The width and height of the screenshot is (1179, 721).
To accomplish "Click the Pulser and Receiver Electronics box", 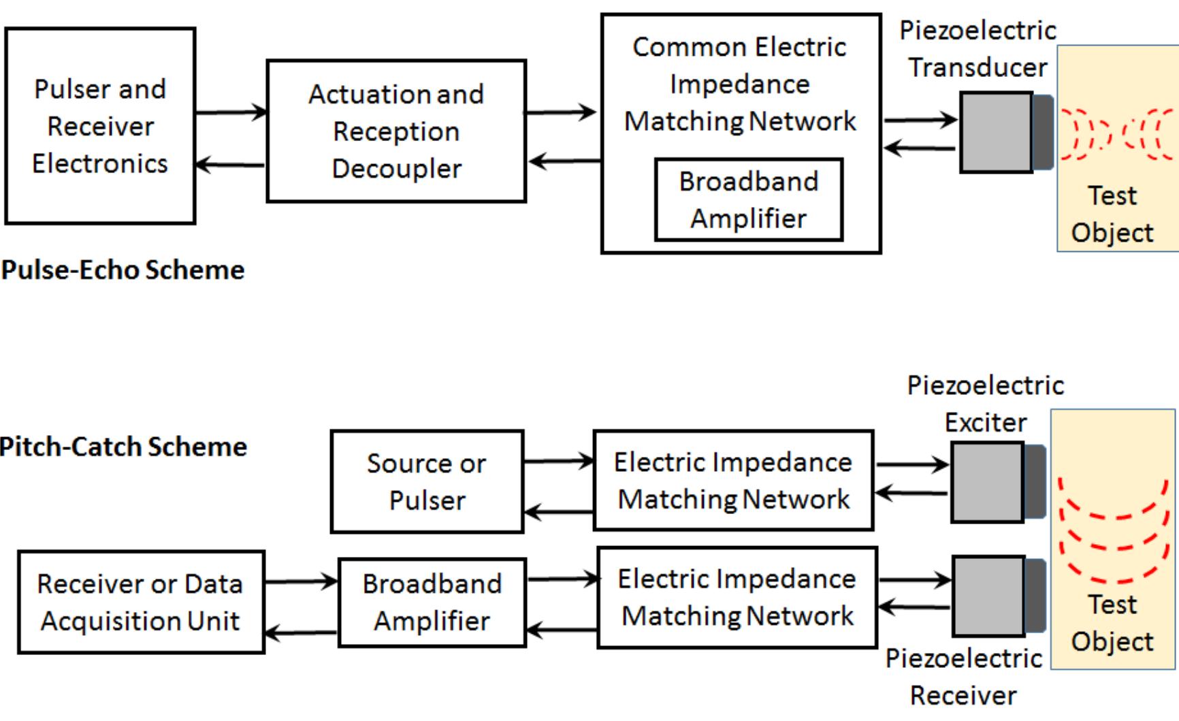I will point(100,126).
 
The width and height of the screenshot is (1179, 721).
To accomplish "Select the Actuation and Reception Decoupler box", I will point(396,131).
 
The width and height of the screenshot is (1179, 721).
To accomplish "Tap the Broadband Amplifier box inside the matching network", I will point(748,199).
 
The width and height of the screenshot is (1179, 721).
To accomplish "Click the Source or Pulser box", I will point(427,481).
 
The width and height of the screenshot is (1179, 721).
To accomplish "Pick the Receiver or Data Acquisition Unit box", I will point(140,602).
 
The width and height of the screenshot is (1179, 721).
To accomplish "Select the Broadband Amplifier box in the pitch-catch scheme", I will point(432,602).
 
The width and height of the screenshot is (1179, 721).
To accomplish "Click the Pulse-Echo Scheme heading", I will point(123,270).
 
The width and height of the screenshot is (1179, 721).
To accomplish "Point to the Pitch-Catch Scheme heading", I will point(123,447).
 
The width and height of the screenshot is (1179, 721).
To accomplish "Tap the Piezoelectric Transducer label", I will point(978,49).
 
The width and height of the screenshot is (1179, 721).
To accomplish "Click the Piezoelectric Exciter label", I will point(985,404).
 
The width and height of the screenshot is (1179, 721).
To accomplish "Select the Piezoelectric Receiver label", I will point(963,677).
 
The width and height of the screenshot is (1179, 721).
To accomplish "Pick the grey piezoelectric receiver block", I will point(989,596).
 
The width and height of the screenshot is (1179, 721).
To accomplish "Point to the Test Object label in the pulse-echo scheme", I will point(1112,214).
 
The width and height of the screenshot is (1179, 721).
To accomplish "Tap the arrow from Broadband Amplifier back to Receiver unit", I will point(301,633).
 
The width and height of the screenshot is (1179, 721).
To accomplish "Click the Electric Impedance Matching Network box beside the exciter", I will point(733,481).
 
